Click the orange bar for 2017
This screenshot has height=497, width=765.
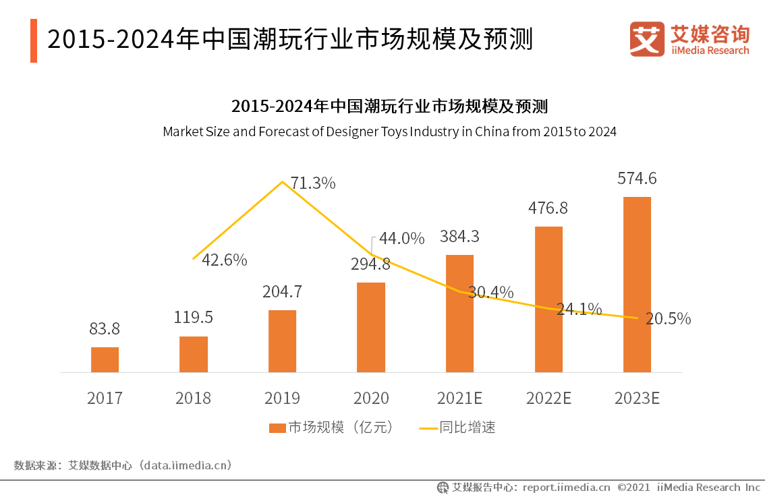tap(105, 359)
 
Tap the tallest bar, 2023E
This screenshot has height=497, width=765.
tap(637, 284)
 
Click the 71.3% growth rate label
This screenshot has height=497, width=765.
tap(312, 183)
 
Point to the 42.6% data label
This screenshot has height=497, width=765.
tap(224, 260)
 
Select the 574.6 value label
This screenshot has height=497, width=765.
tap(637, 179)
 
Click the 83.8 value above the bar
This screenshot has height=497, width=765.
tap(105, 328)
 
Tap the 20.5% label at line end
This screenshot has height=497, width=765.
tap(668, 319)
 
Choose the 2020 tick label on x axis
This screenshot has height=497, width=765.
tap(370, 398)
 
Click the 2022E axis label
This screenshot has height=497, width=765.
tap(548, 398)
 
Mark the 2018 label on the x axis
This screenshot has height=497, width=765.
tap(193, 398)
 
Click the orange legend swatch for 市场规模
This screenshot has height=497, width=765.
tap(277, 428)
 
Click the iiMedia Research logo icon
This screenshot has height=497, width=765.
tap(647, 40)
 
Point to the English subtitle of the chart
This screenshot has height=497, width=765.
tap(389, 131)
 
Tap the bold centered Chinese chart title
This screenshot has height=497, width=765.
tap(389, 107)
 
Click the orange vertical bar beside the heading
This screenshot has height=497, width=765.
tap(34, 40)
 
